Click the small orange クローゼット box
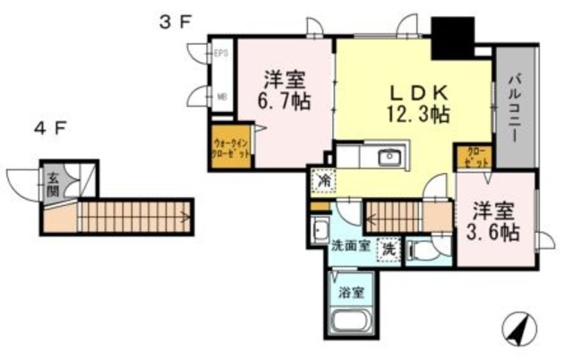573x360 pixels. tap(475, 158)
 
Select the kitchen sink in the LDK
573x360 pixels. tap(390, 159)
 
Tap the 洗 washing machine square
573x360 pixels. tap(389, 250)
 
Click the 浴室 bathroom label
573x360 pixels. tap(352, 291)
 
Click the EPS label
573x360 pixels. tap(220, 53)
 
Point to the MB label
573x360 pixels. tap(220, 95)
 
